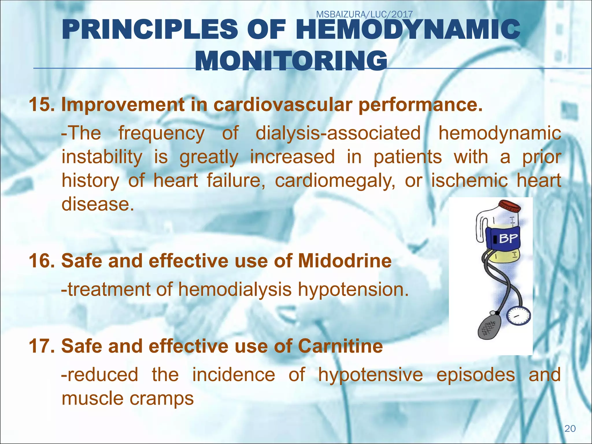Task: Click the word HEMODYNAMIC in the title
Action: coord(408,29)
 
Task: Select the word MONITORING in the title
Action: coord(291,61)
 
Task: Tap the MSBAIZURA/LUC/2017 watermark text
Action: coord(364,14)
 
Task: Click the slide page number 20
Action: coord(570,428)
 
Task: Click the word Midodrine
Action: coord(345,261)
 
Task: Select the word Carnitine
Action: coord(340,346)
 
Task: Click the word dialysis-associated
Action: coord(338,133)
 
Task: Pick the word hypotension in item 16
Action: coord(353,289)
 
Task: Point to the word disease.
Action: coord(98,204)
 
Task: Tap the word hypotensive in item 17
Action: coord(370,375)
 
